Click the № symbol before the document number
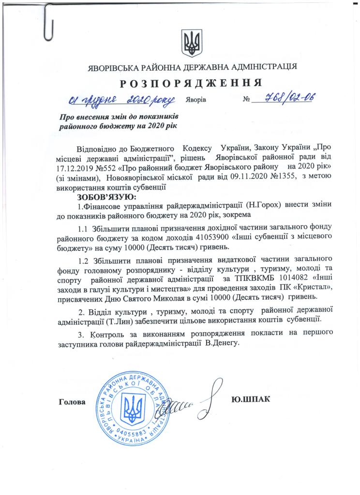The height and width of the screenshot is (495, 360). (x=248, y=100)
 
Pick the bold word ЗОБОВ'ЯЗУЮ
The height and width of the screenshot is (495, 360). (x=104, y=197)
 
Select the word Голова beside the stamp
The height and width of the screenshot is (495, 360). (x=72, y=402)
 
